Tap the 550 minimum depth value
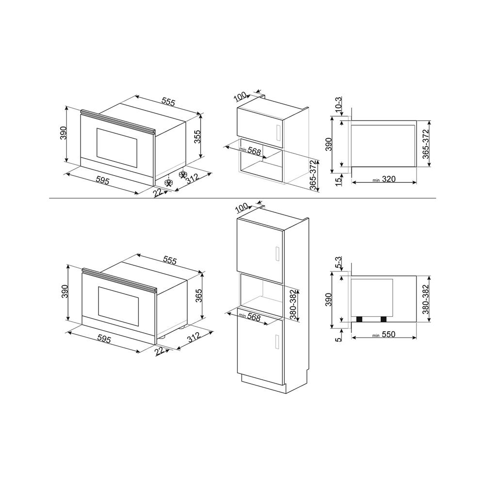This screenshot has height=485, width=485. point(388,335)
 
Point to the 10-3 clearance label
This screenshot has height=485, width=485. point(339,105)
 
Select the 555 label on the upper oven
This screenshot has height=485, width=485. point(168,102)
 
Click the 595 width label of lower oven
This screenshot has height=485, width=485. point(104,339)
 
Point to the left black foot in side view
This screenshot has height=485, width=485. point(361,319)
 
